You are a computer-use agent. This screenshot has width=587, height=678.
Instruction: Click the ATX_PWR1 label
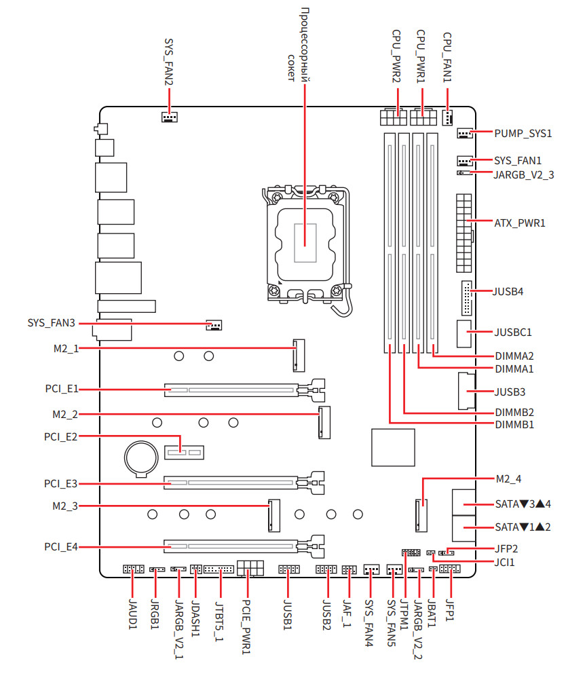pyautogui.click(x=520, y=222)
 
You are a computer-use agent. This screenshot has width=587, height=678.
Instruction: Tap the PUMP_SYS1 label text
pyautogui.click(x=523, y=134)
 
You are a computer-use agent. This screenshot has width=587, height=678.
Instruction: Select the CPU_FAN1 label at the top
pyautogui.click(x=448, y=56)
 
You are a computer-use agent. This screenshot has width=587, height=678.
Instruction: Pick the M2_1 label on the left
pyautogui.click(x=66, y=348)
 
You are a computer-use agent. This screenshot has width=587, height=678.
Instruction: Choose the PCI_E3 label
pyautogui.click(x=61, y=484)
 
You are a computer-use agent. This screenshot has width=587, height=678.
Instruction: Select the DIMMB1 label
pyautogui.click(x=514, y=425)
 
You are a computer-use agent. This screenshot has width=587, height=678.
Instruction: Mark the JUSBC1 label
pyautogui.click(x=514, y=333)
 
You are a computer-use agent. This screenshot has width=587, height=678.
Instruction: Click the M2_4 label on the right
pyautogui.click(x=508, y=479)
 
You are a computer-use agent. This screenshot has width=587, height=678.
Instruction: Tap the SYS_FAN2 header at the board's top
pyautogui.click(x=169, y=117)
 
